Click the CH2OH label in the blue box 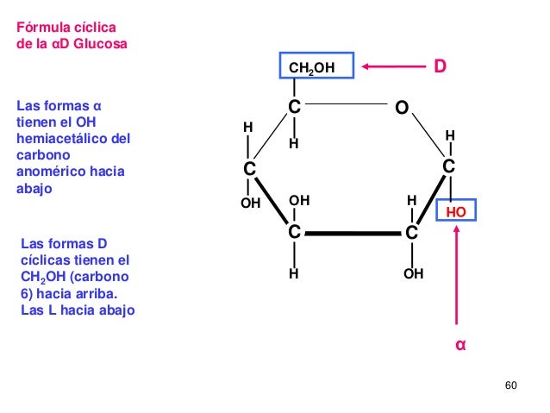312,68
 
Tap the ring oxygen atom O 402,108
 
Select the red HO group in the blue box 456,212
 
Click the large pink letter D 441,66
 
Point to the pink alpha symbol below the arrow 460,345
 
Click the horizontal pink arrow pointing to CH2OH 394,66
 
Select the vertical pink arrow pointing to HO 456,275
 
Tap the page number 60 510,385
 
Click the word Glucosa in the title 100,44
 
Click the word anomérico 51,172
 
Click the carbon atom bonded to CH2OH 294,107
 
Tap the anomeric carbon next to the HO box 448,166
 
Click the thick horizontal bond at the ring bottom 353,234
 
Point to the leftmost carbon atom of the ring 249,169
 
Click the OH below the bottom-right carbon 413,273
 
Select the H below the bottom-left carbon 294,273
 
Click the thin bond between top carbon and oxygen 347,103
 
